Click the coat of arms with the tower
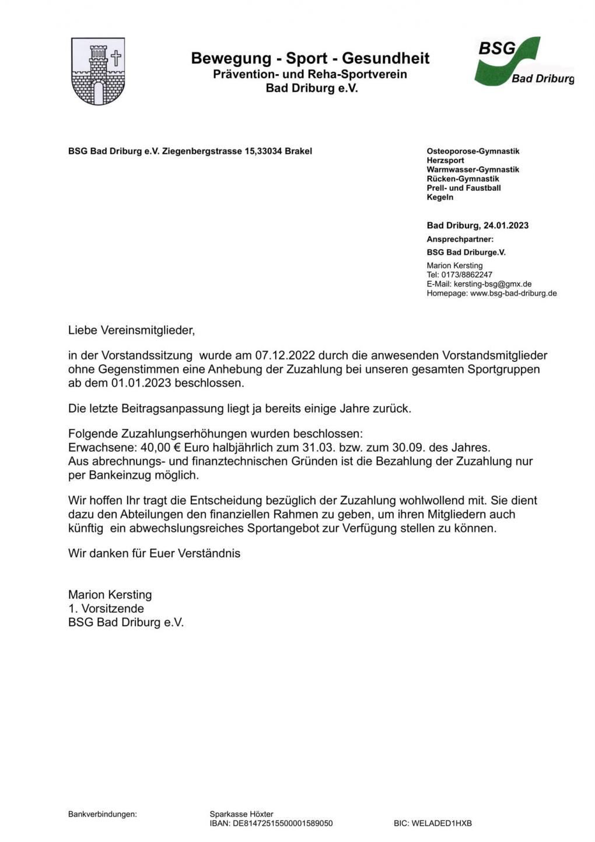click(98, 71)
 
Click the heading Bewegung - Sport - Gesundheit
click(310, 58)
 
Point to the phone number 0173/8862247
click(466, 275)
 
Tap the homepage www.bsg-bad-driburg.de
click(513, 294)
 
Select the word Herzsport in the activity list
click(446, 160)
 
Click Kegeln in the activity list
click(440, 197)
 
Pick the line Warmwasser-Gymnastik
click(473, 170)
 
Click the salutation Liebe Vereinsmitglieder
click(131, 330)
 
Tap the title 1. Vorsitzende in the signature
click(106, 609)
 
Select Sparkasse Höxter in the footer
click(242, 814)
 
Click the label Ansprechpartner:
click(460, 239)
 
